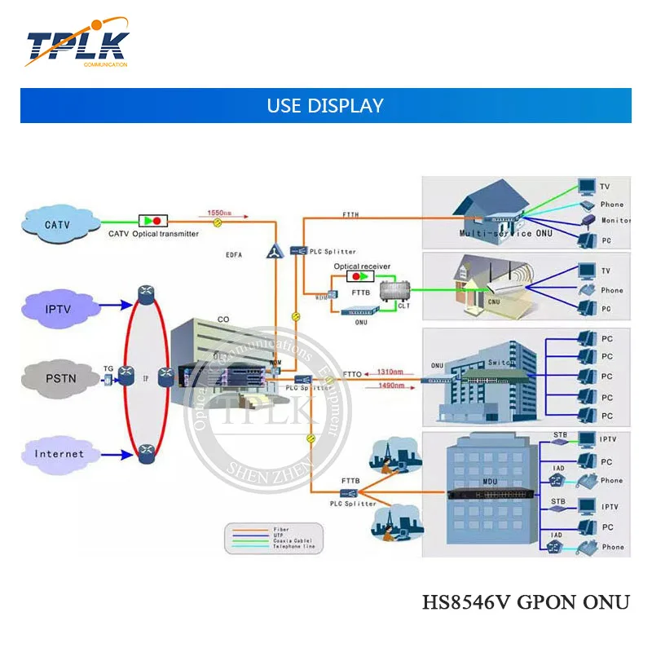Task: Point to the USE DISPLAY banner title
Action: [x=325, y=106]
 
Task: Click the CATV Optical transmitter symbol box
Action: [x=152, y=221]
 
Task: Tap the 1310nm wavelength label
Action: [x=390, y=372]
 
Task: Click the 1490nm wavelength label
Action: [x=391, y=386]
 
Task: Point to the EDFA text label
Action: [x=235, y=253]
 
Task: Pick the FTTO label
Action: [x=352, y=375]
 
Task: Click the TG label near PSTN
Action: [x=108, y=368]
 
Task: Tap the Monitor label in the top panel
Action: [x=615, y=220]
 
